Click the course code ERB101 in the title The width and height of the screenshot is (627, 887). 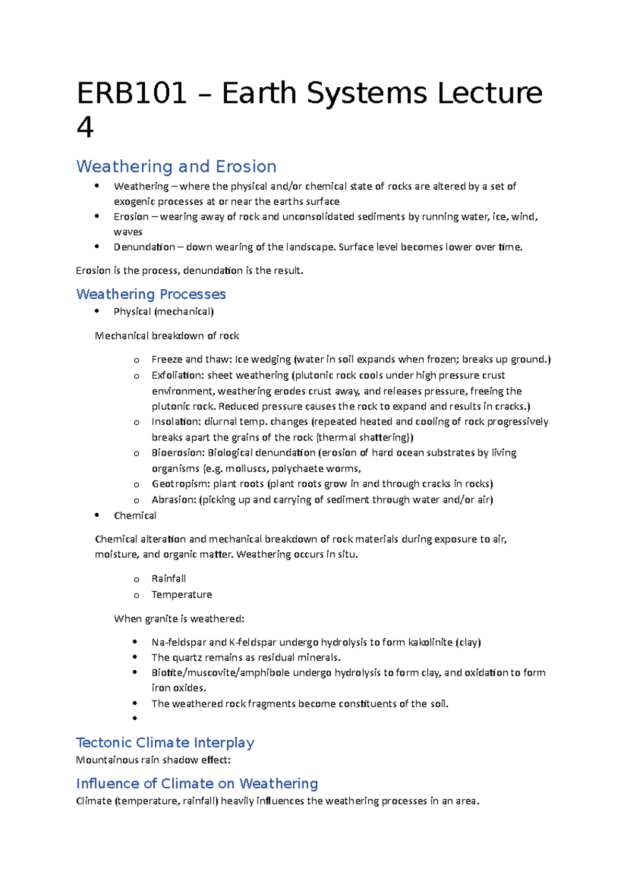click(x=132, y=94)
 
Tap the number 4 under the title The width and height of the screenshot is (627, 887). click(x=85, y=127)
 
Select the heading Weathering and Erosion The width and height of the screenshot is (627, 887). click(x=176, y=167)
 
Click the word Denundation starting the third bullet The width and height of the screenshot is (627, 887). click(x=144, y=247)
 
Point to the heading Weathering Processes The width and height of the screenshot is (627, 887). click(x=151, y=294)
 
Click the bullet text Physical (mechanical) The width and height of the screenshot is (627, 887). click(x=164, y=312)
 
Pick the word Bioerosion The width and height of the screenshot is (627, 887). click(x=178, y=453)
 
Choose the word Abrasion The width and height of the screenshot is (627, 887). click(x=173, y=500)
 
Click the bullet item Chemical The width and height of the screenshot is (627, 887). click(x=135, y=516)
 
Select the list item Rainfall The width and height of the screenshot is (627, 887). click(x=168, y=579)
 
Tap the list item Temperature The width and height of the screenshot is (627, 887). click(x=181, y=595)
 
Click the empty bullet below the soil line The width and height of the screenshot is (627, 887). click(x=135, y=719)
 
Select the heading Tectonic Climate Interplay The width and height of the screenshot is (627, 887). click(x=165, y=743)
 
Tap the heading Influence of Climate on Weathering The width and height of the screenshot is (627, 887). click(x=197, y=784)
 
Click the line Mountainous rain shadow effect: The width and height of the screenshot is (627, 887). click(x=153, y=760)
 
